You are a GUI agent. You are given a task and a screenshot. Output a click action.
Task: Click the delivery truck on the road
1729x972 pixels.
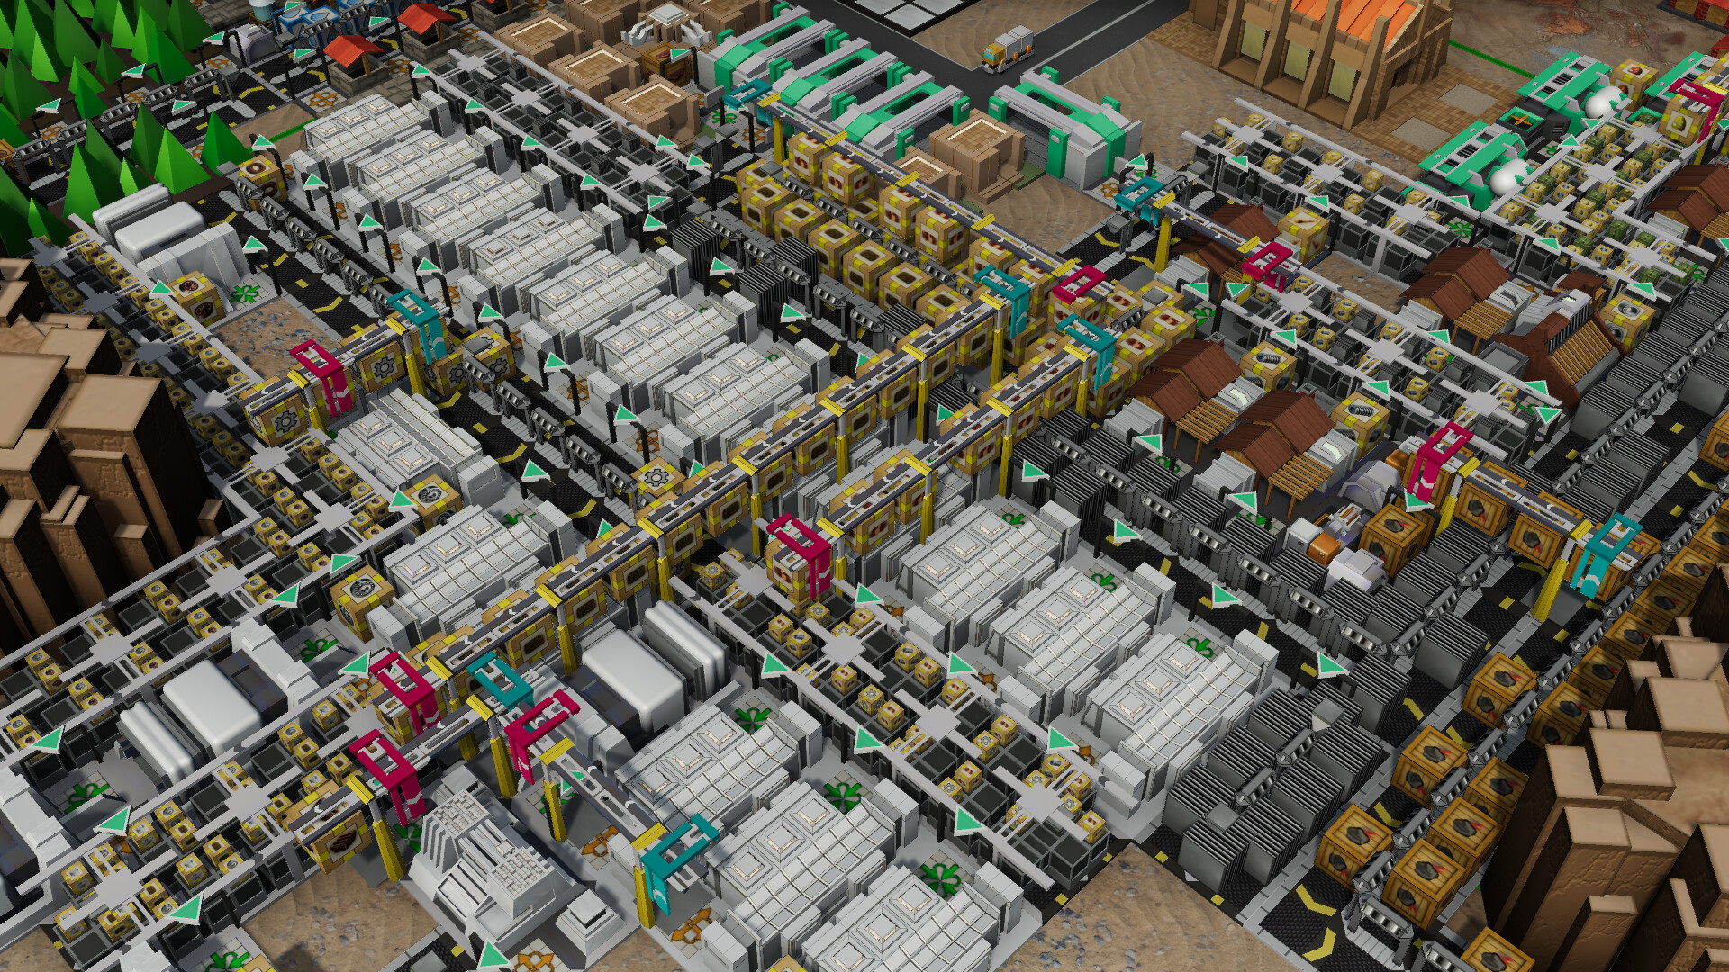coord(1008,49)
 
